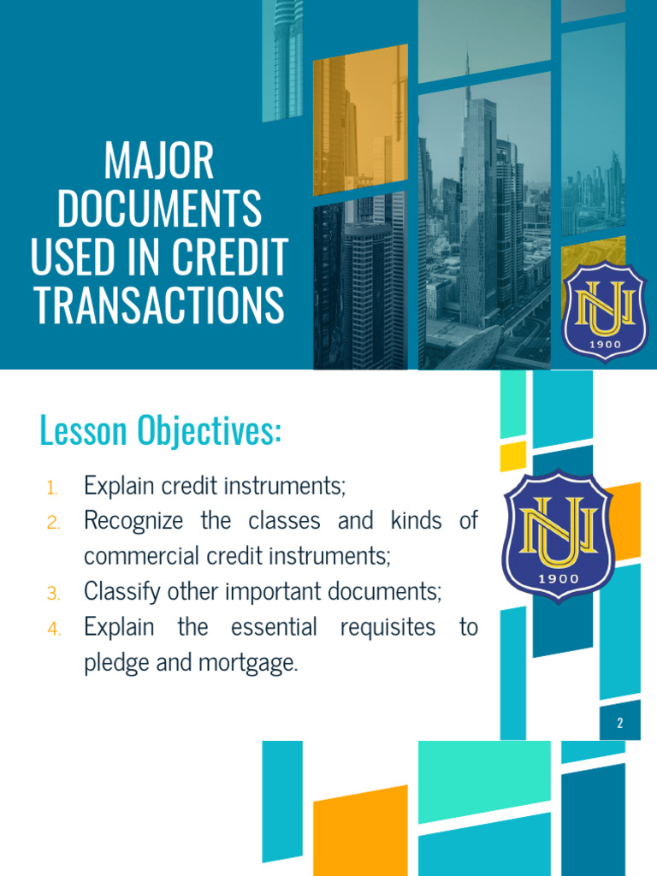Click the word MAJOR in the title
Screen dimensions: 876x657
pos(158,162)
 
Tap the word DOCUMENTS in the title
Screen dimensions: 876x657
pos(158,210)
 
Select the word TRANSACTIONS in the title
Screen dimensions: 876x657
pos(158,305)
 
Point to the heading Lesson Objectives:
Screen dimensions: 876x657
pos(160,431)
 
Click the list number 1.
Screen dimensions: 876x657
pos(53,488)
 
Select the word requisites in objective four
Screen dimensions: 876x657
pos(388,627)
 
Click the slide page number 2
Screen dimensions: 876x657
pos(620,724)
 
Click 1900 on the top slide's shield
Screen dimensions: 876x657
pos(604,344)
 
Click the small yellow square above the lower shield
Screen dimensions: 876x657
pos(512,455)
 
